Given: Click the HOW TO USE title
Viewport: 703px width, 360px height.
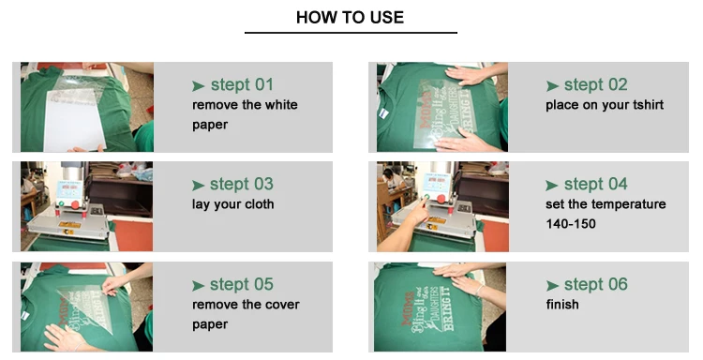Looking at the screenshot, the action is point(350,18).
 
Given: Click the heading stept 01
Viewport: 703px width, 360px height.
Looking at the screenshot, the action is point(242,84).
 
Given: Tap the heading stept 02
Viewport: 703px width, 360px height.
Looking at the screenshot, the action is point(595,84).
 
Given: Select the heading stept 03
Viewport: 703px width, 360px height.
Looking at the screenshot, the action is point(241,185).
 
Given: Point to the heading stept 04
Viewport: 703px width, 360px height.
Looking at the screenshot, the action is point(595,185).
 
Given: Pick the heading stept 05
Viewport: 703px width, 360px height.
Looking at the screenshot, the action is point(241,284).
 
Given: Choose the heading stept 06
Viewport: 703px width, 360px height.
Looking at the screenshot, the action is point(595,284).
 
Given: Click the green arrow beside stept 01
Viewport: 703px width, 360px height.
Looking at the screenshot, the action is point(198,85).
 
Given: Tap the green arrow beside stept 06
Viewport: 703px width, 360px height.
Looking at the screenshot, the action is point(552,285).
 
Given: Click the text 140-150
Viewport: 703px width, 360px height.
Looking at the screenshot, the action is point(571,224).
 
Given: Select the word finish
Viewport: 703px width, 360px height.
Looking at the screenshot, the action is point(562,305).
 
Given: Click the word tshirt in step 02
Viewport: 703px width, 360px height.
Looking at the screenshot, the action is point(648,105).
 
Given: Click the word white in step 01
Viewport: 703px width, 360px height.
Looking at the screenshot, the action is point(281,105).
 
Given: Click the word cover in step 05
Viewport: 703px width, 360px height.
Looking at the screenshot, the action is point(282,305).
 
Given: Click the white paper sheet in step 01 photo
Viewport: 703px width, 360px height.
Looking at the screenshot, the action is point(74,119).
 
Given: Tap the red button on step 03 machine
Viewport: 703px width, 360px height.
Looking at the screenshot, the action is point(75,205).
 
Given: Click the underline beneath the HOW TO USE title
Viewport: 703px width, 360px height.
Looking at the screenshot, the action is point(351,32).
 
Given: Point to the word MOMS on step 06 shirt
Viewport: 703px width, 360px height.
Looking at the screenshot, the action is point(408,308).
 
